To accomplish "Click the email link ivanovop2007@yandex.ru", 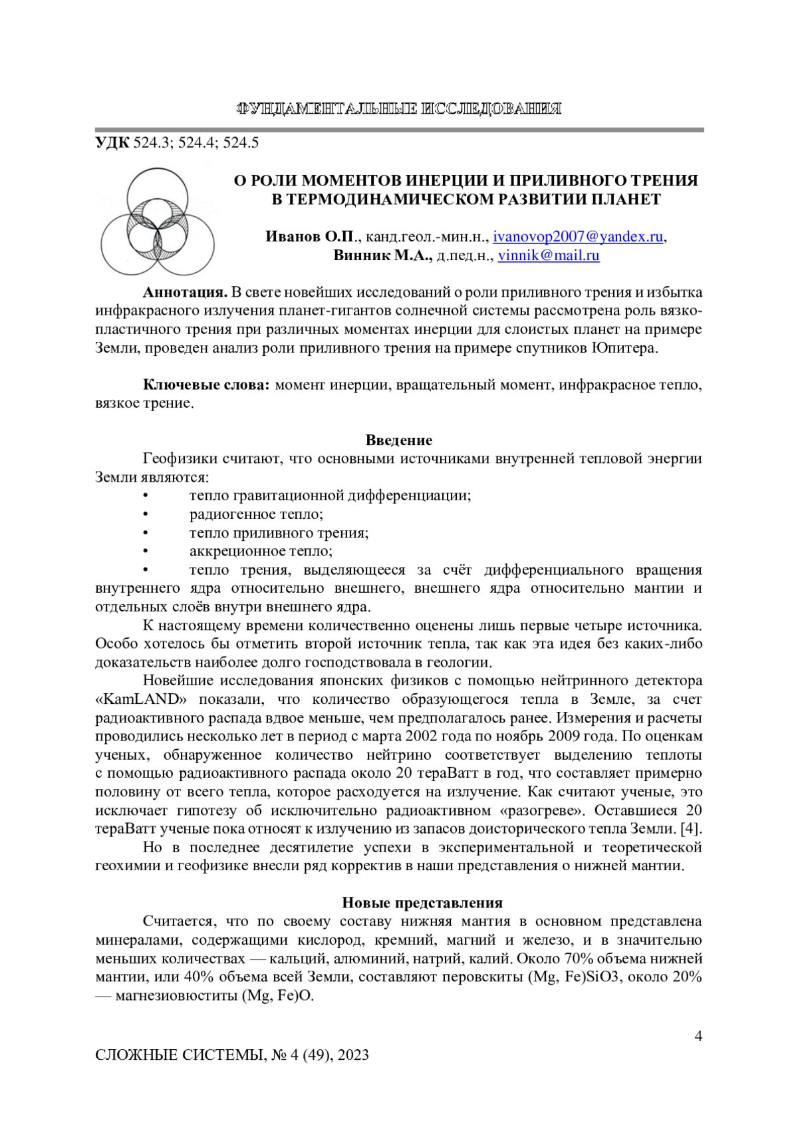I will click(x=578, y=237).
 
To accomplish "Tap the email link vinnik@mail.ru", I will click(x=549, y=255).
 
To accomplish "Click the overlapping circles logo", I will click(x=157, y=221).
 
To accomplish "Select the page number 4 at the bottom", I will click(x=698, y=1036).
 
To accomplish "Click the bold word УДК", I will click(x=113, y=142).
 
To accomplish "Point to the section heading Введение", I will click(x=399, y=440).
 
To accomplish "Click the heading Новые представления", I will click(x=422, y=903).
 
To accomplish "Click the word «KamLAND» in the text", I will click(x=141, y=700).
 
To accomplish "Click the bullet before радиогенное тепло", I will click(x=145, y=515).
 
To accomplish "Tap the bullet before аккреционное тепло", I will click(x=145, y=552).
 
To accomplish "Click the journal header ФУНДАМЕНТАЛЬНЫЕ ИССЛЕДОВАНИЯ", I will click(x=399, y=109).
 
